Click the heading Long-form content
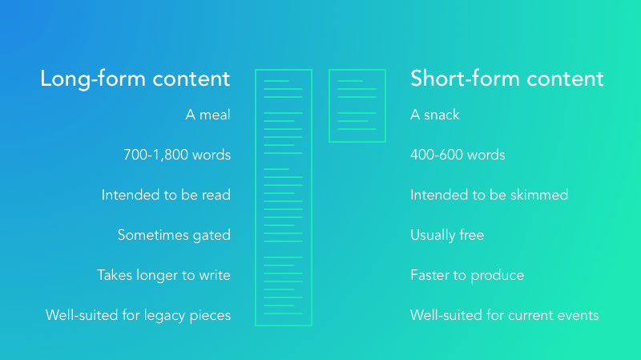135,79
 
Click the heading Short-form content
507,78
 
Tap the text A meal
208,115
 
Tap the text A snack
435,115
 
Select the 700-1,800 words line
177,155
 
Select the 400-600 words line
458,155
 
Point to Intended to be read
166,195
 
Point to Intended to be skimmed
490,195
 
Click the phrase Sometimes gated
174,235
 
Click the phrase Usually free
447,235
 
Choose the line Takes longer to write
163,275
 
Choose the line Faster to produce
467,275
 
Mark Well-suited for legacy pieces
138,315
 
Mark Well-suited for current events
505,315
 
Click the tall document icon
256,197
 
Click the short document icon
329,106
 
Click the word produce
498,276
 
